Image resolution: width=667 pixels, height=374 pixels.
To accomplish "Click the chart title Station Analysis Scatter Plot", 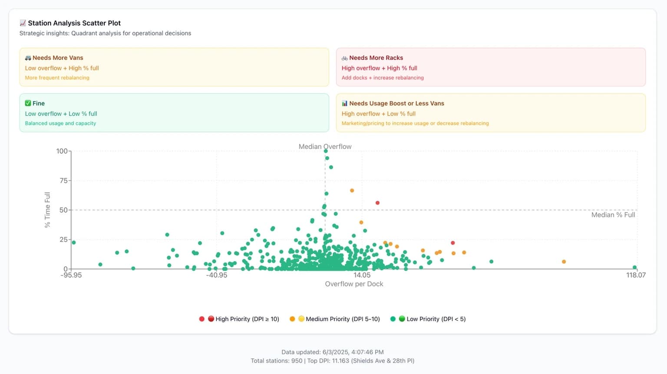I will point(74,23).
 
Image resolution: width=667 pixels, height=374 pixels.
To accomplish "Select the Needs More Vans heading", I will point(58,58).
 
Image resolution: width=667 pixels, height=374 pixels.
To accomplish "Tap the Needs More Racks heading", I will point(376,58).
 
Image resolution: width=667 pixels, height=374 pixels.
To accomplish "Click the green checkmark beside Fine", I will point(28,103).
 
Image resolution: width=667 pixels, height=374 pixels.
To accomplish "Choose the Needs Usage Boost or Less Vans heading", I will point(396,103).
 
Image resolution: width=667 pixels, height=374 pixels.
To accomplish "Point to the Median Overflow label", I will point(325,147).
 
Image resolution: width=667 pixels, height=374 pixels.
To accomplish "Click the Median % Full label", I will point(613,215).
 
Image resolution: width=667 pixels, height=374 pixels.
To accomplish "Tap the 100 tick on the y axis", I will point(62,151).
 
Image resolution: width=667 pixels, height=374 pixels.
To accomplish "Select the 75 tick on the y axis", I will point(63,180).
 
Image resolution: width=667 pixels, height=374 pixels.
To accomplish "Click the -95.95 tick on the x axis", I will point(71,275).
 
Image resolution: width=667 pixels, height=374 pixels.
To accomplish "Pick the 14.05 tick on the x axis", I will point(362,275).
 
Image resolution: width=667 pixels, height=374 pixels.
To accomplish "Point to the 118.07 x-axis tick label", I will point(636,275).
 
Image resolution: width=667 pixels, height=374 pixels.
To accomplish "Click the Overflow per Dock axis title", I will point(354,284).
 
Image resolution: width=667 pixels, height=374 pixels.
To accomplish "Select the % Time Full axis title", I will point(47,210).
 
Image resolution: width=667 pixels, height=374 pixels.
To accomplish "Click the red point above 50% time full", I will point(377,203).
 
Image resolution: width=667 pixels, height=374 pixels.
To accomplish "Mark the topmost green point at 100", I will point(326,151).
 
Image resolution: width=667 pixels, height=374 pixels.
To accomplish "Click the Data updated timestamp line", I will point(332,352).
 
